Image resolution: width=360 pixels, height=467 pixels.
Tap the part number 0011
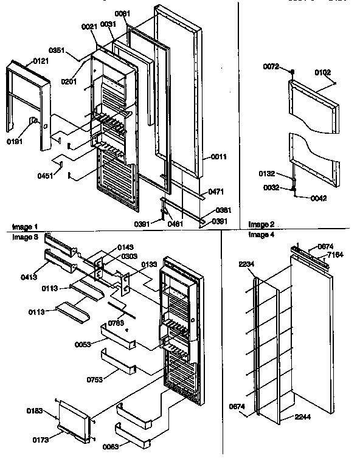coord(219,157)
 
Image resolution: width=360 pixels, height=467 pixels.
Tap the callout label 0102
coord(324,73)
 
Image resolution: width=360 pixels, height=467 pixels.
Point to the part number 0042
coord(319,198)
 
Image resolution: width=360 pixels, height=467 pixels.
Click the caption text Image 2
coord(261,224)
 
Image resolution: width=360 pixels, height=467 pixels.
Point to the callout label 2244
coord(303,417)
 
